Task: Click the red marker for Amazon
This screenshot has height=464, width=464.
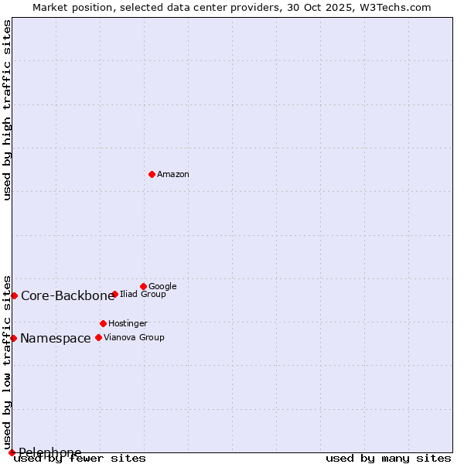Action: coord(152,174)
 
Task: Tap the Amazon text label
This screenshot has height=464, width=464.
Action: coord(173,175)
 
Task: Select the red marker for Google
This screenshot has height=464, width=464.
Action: coord(143,286)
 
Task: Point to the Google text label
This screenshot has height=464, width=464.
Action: coord(162,286)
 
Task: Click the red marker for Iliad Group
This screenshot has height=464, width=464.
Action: coord(114,294)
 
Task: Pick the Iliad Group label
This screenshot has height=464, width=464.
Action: coord(143,295)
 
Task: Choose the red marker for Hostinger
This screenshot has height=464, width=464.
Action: coord(103,323)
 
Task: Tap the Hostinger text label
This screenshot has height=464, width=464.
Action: coord(128,323)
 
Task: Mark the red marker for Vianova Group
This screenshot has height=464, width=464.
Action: coord(98,337)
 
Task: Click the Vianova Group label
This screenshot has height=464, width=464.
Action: coord(134,337)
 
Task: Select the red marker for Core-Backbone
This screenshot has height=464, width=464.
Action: coord(14,295)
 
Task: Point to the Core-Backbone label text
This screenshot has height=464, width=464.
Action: coord(67,295)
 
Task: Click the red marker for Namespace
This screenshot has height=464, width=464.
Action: coord(13,338)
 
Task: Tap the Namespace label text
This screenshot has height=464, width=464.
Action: coord(55,338)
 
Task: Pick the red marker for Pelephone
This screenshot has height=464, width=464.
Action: coord(12,452)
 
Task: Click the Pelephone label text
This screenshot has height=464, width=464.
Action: coord(50,452)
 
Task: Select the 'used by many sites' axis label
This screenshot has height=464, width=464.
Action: coord(388,458)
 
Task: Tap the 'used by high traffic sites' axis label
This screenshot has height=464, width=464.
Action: coord(8,110)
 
